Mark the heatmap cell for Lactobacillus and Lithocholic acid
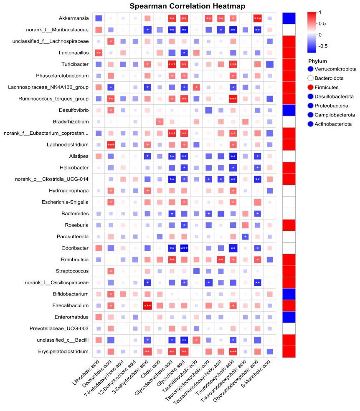pyautogui.click(x=99, y=53)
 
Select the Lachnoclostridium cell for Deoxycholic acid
pyautogui.click(x=111, y=145)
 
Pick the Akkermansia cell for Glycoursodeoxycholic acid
pyautogui.click(x=257, y=18)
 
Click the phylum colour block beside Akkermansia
pyautogui.click(x=289, y=18)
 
